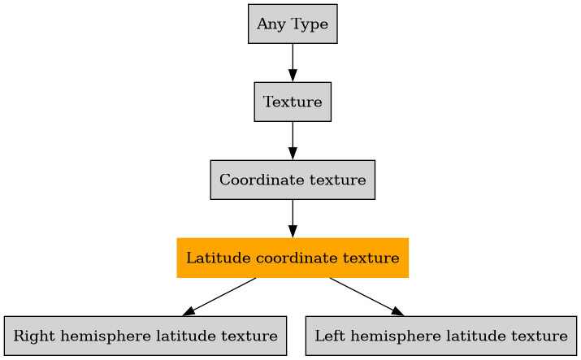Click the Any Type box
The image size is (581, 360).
click(x=293, y=24)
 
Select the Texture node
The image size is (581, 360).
click(x=293, y=102)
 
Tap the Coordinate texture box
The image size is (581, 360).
click(x=293, y=180)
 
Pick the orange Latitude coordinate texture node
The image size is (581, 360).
click(x=293, y=258)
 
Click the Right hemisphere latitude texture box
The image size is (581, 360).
click(x=145, y=336)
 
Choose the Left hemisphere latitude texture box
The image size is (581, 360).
click(x=440, y=336)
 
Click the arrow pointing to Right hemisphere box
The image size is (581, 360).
click(x=219, y=297)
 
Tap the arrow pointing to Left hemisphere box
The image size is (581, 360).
click(x=366, y=297)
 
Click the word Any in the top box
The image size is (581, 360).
click(x=269, y=24)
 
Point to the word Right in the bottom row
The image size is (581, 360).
click(x=30, y=336)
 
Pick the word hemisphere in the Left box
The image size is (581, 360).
click(x=385, y=336)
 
